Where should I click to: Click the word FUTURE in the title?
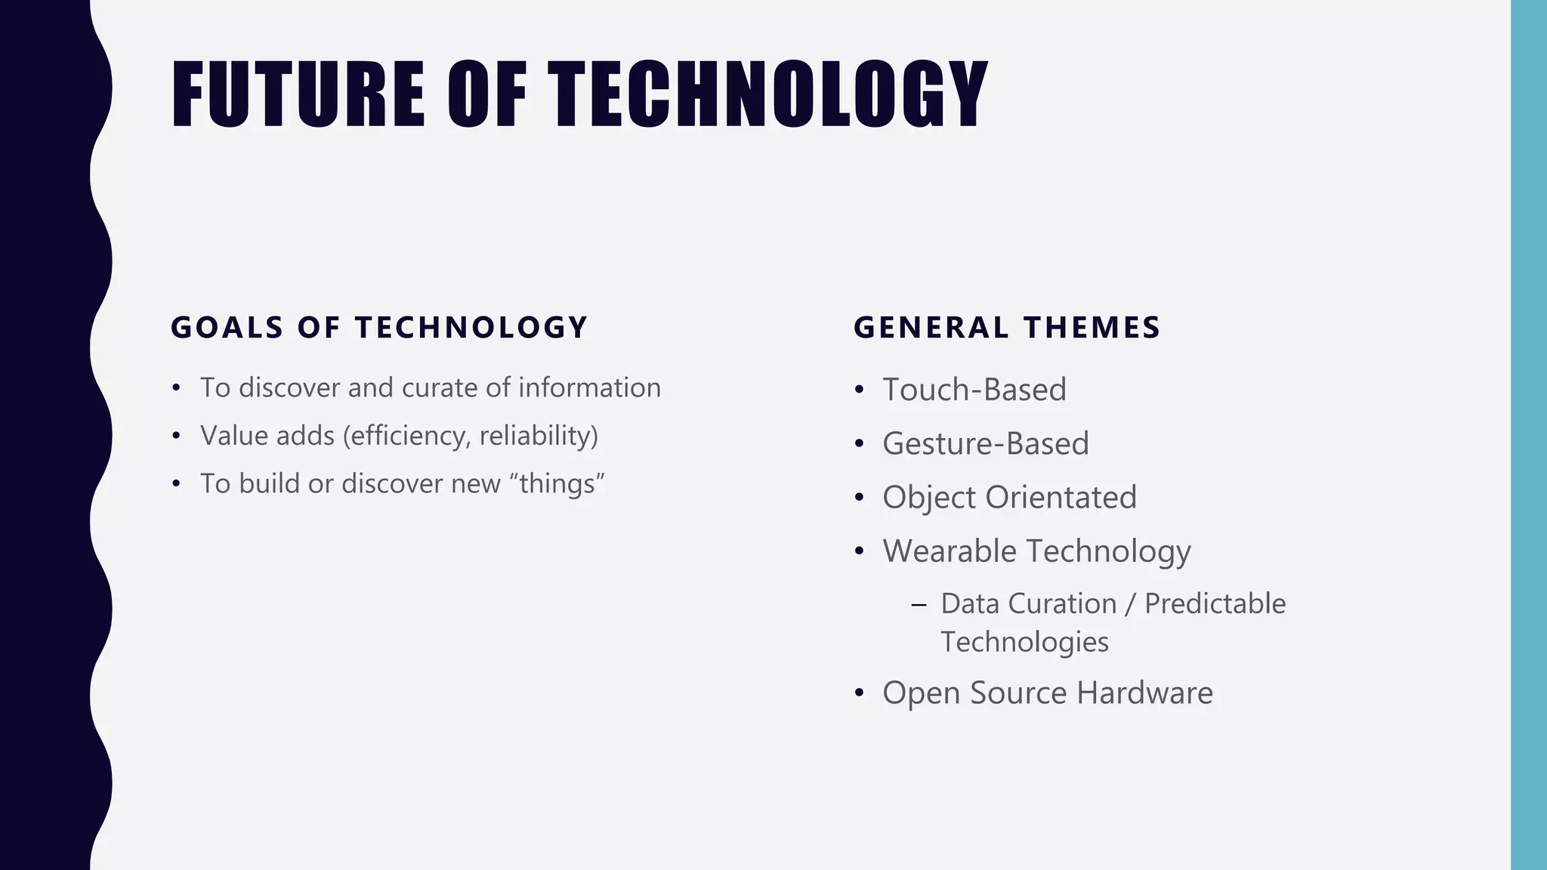tap(298, 94)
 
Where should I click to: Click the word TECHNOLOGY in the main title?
tap(767, 94)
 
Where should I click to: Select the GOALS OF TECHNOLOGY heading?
tap(379, 328)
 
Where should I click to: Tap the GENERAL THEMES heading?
tap(1007, 328)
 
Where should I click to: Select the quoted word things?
tap(557, 484)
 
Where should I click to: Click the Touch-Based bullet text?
tap(974, 390)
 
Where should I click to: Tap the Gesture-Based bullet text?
tap(986, 444)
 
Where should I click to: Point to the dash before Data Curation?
tap(919, 605)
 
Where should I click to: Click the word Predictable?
tap(1215, 604)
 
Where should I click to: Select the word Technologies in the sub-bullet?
tap(1024, 643)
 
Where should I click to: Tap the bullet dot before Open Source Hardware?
tap(859, 693)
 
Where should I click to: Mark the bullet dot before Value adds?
tap(176, 437)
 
